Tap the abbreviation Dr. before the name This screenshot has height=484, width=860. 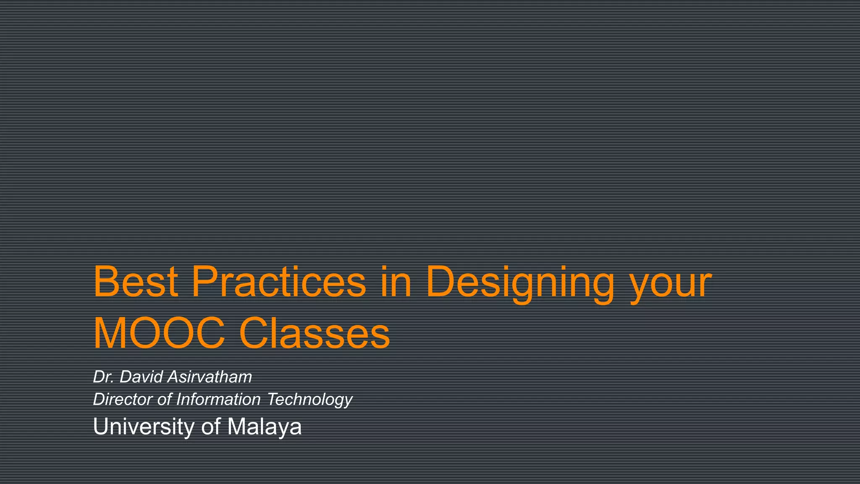[x=103, y=377]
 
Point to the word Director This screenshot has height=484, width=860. [x=123, y=399]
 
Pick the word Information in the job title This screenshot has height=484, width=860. [x=218, y=399]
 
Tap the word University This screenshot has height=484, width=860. [x=143, y=427]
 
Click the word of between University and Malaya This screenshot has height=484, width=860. [x=211, y=427]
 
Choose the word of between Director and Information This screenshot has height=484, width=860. [x=164, y=399]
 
